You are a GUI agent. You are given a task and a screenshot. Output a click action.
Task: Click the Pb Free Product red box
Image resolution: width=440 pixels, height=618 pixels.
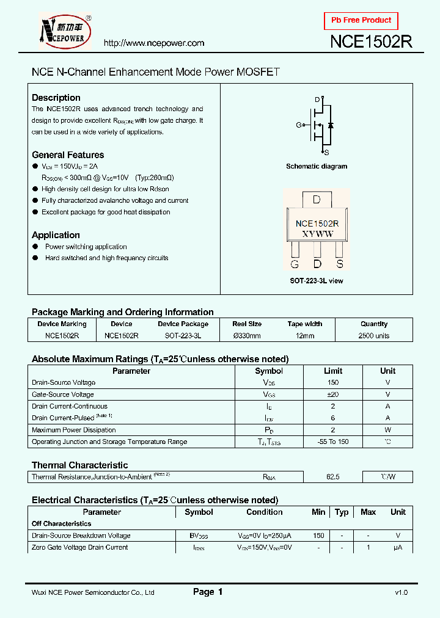pyautogui.click(x=361, y=20)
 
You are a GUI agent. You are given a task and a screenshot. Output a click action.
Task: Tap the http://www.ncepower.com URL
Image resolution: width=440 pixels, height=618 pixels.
pyautogui.click(x=153, y=43)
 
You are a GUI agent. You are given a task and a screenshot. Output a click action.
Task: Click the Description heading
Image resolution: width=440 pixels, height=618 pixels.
pyautogui.click(x=56, y=98)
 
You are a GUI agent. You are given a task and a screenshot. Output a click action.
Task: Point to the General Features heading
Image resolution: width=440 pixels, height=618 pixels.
pyautogui.click(x=68, y=155)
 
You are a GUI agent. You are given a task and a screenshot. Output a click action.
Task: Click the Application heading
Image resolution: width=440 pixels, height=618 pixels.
pyautogui.click(x=56, y=235)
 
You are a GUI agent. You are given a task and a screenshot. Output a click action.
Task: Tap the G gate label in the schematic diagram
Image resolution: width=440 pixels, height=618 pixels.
pyautogui.click(x=299, y=125)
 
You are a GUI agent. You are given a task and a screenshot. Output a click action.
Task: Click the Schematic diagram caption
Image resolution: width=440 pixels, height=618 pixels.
pyautogui.click(x=317, y=166)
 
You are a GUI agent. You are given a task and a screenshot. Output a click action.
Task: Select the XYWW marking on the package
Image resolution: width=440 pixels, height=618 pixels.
pyautogui.click(x=317, y=234)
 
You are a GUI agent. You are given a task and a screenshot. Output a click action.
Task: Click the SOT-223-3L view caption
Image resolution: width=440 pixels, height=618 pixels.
pyautogui.click(x=317, y=280)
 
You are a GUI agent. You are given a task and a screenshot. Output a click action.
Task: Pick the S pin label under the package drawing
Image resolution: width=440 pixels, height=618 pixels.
pyautogui.click(x=340, y=264)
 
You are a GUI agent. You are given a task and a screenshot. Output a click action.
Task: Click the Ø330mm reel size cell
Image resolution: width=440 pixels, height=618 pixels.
pyautogui.click(x=247, y=336)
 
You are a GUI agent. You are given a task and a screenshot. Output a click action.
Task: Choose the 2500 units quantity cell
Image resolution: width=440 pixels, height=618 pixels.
pyautogui.click(x=374, y=336)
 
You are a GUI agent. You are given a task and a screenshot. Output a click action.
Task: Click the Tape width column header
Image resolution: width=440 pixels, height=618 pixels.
pyautogui.click(x=304, y=324)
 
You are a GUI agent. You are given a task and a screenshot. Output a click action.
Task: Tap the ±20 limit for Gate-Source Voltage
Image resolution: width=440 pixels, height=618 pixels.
pyautogui.click(x=333, y=394)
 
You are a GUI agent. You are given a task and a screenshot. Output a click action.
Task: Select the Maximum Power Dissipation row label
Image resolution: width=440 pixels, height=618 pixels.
pyautogui.click(x=73, y=430)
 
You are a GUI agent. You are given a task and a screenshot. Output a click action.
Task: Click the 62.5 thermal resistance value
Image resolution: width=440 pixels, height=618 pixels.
pyautogui.click(x=333, y=477)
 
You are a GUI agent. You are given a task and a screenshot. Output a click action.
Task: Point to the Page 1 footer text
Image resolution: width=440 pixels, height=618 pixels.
pyautogui.click(x=208, y=592)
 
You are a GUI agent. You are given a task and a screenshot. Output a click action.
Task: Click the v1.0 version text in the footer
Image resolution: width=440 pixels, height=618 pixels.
pyautogui.click(x=401, y=592)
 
